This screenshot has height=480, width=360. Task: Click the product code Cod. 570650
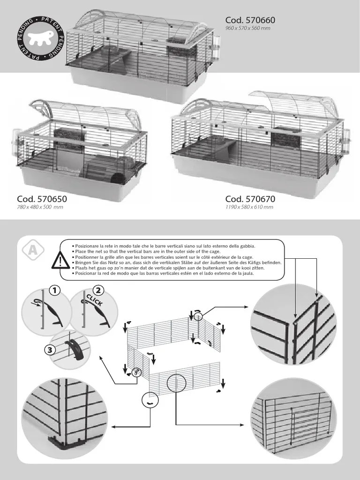(41, 199)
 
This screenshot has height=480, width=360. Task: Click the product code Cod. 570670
(250, 199)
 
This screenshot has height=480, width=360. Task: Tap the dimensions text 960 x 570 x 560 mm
(247, 29)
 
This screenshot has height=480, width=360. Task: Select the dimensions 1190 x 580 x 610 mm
(249, 207)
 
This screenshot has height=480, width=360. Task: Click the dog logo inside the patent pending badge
(39, 39)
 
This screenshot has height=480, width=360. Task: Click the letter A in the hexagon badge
(32, 251)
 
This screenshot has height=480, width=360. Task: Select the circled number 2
(97, 291)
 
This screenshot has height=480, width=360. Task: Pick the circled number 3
(48, 350)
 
